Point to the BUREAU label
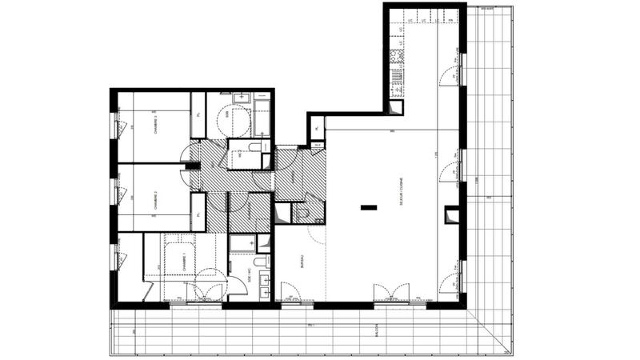click(x=302, y=261)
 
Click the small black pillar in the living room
click(x=368, y=208)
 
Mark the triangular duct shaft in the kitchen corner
click(x=396, y=108)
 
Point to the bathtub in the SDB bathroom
click(x=261, y=117)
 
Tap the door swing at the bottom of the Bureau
click(x=290, y=291)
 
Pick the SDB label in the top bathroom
click(x=226, y=114)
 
